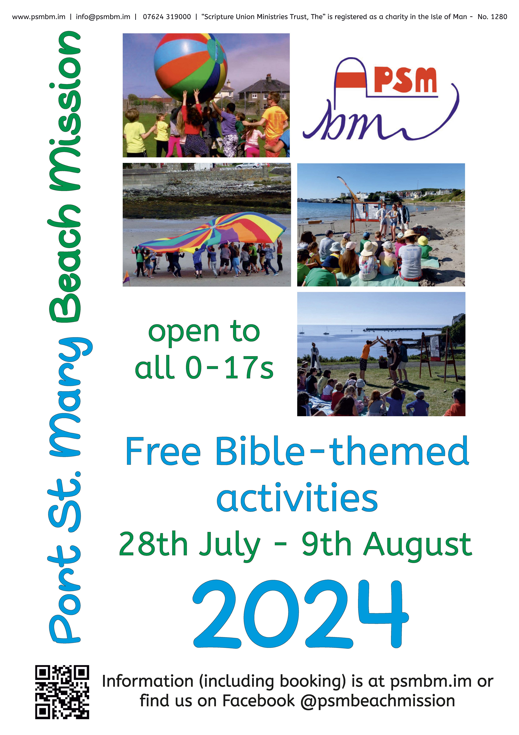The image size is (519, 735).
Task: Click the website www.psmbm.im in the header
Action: tap(39, 17)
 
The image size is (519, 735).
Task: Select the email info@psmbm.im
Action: tap(103, 17)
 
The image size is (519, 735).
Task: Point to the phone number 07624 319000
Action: tap(167, 17)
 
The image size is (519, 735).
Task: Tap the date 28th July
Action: tap(189, 544)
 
